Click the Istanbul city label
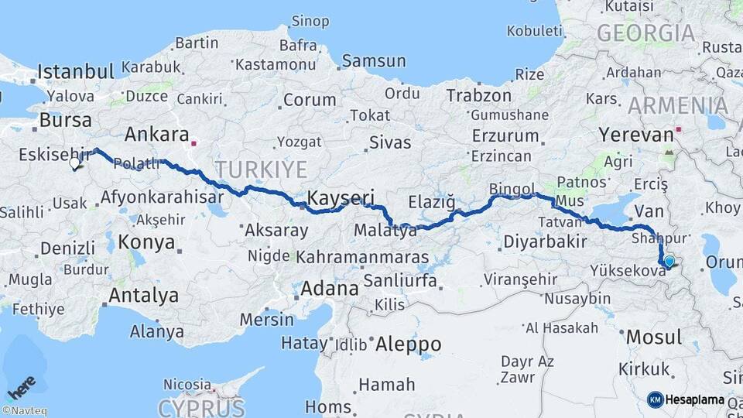[x=76, y=72]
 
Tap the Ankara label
[x=156, y=135]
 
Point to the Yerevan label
[x=636, y=135]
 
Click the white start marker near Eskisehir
[x=75, y=163]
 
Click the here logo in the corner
[x=21, y=386]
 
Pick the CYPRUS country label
[x=201, y=407]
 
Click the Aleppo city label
[x=408, y=344]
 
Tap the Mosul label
[x=654, y=337]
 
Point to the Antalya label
[x=143, y=295]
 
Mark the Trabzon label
[x=478, y=96]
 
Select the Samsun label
[x=374, y=60]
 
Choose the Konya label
[x=147, y=242]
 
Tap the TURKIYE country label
[x=261, y=170]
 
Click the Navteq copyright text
[x=24, y=411]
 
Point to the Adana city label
[x=330, y=290]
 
